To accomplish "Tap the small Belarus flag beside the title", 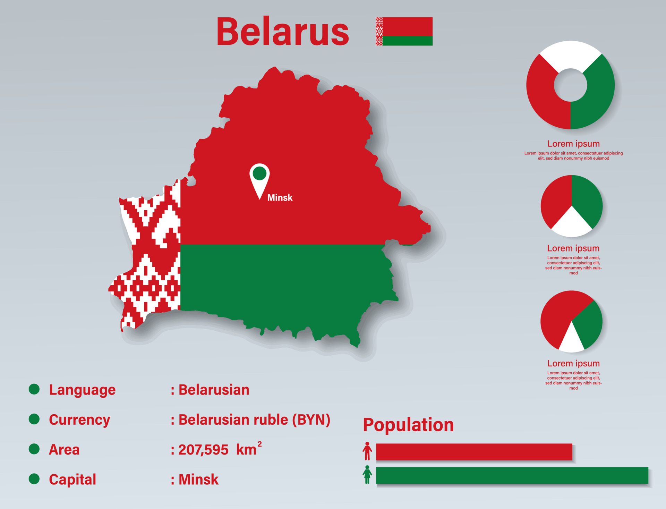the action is [404, 31].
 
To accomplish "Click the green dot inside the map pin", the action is [259, 173].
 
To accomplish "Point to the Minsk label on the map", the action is [280, 197].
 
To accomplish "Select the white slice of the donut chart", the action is [571, 56].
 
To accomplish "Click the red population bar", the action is [474, 452].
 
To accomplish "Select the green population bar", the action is [512, 475].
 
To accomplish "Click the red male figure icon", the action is [367, 451].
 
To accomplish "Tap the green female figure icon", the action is [367, 475].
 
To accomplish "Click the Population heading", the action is [408, 425].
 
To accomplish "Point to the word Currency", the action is [79, 420].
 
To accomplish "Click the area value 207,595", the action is [203, 450].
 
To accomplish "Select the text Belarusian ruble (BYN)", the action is [254, 420].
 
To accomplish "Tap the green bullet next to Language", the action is [34, 389].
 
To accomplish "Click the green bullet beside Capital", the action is [34, 479].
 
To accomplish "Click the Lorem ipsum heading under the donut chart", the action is [573, 144].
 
